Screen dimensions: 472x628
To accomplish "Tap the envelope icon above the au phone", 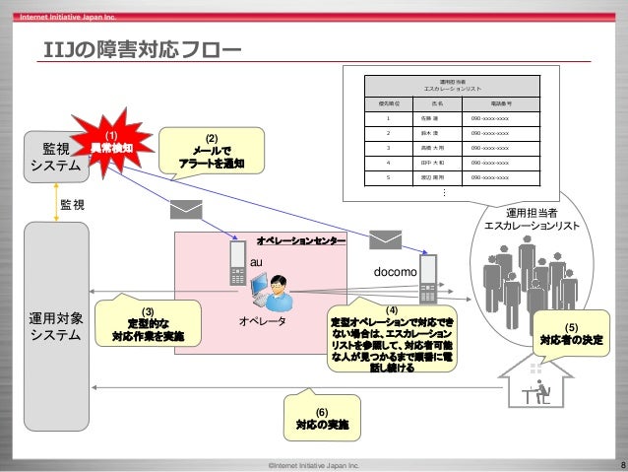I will coord(185,211).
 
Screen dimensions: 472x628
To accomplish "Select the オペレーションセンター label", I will coord(300,240).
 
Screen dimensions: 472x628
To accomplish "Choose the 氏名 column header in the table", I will coord(436,102).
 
